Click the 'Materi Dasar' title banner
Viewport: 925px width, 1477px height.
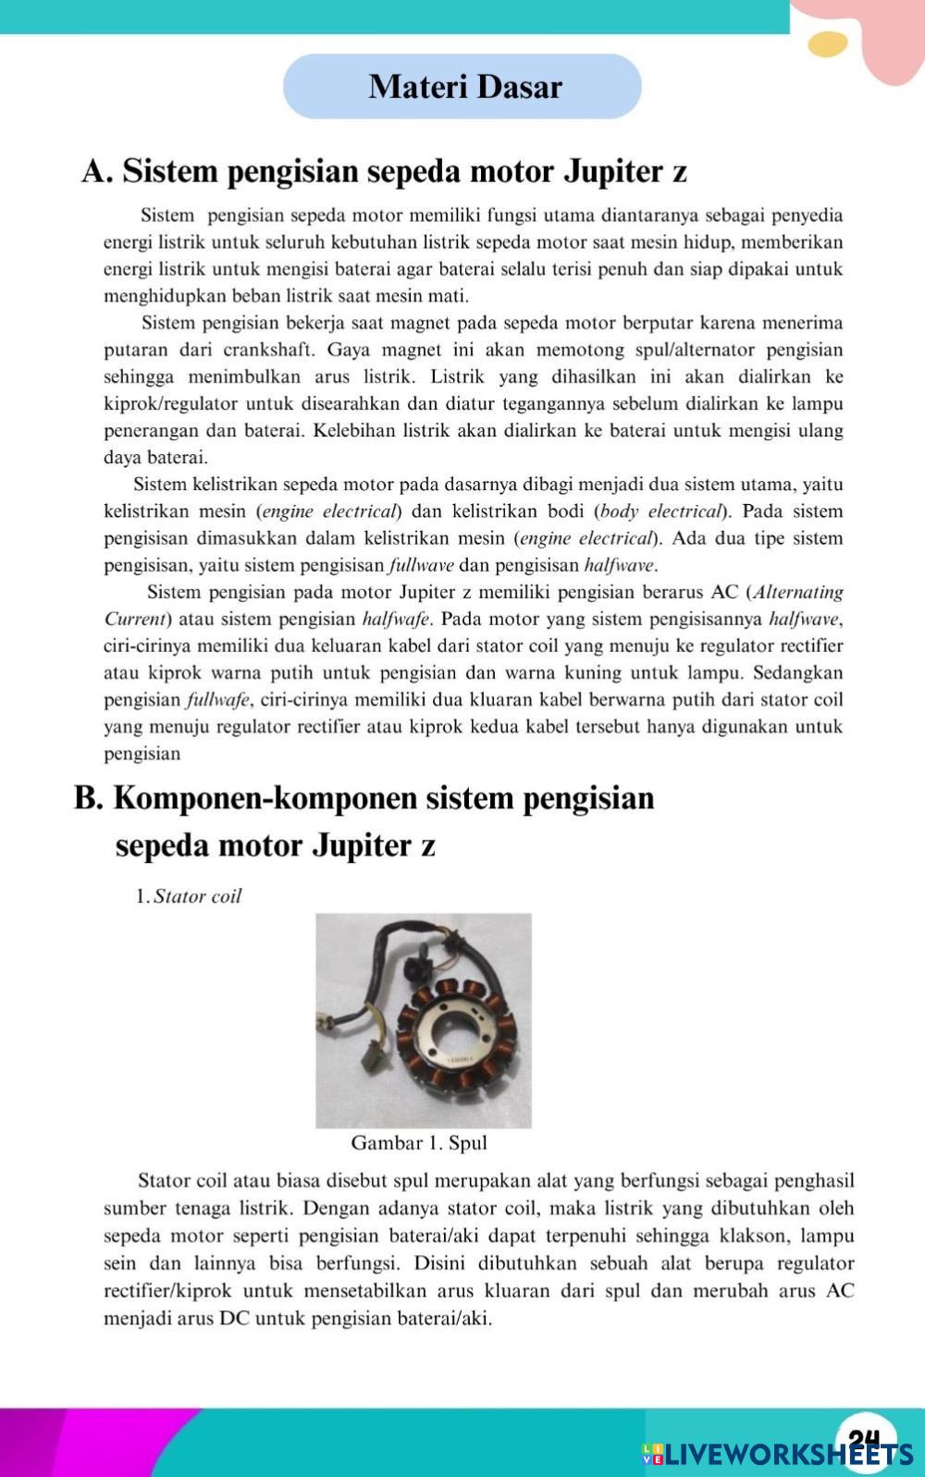coord(462,86)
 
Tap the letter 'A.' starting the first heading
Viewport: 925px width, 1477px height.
coord(97,172)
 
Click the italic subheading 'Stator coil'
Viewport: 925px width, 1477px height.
coord(197,896)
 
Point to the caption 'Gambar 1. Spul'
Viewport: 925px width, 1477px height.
coord(419,1143)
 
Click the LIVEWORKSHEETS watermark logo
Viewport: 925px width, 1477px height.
coord(777,1455)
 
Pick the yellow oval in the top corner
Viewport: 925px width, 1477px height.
coord(827,43)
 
